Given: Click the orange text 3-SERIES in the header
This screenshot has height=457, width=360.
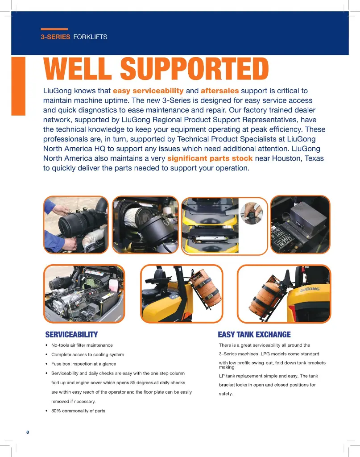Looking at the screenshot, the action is [x=55, y=37].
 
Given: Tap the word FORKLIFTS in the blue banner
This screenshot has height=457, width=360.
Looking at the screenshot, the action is [x=90, y=37].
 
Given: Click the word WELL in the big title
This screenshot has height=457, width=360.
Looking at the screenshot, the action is [x=78, y=68].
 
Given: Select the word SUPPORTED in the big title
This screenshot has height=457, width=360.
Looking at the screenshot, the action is [x=194, y=68].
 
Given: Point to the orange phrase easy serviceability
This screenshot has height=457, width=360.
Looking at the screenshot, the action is [x=148, y=91].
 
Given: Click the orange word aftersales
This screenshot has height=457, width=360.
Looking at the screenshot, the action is [x=219, y=91].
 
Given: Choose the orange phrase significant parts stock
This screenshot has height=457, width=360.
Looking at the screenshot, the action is [x=210, y=158].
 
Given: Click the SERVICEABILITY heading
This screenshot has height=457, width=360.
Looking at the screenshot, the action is [x=71, y=335].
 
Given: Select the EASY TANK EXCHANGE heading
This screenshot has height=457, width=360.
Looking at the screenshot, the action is [x=254, y=335].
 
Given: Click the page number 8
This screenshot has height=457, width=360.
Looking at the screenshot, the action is [x=28, y=432].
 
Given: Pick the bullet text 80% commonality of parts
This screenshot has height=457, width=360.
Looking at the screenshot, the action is [x=78, y=411].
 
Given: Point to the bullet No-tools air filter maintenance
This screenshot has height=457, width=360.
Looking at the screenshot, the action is [x=82, y=345].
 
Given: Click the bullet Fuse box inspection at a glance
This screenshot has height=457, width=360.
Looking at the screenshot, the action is [x=83, y=364].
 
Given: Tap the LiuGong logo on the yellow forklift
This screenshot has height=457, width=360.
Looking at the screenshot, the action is [x=310, y=289].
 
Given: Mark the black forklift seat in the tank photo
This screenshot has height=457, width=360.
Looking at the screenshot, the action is [x=156, y=279].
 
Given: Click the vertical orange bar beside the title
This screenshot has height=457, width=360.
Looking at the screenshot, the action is [x=18, y=86].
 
